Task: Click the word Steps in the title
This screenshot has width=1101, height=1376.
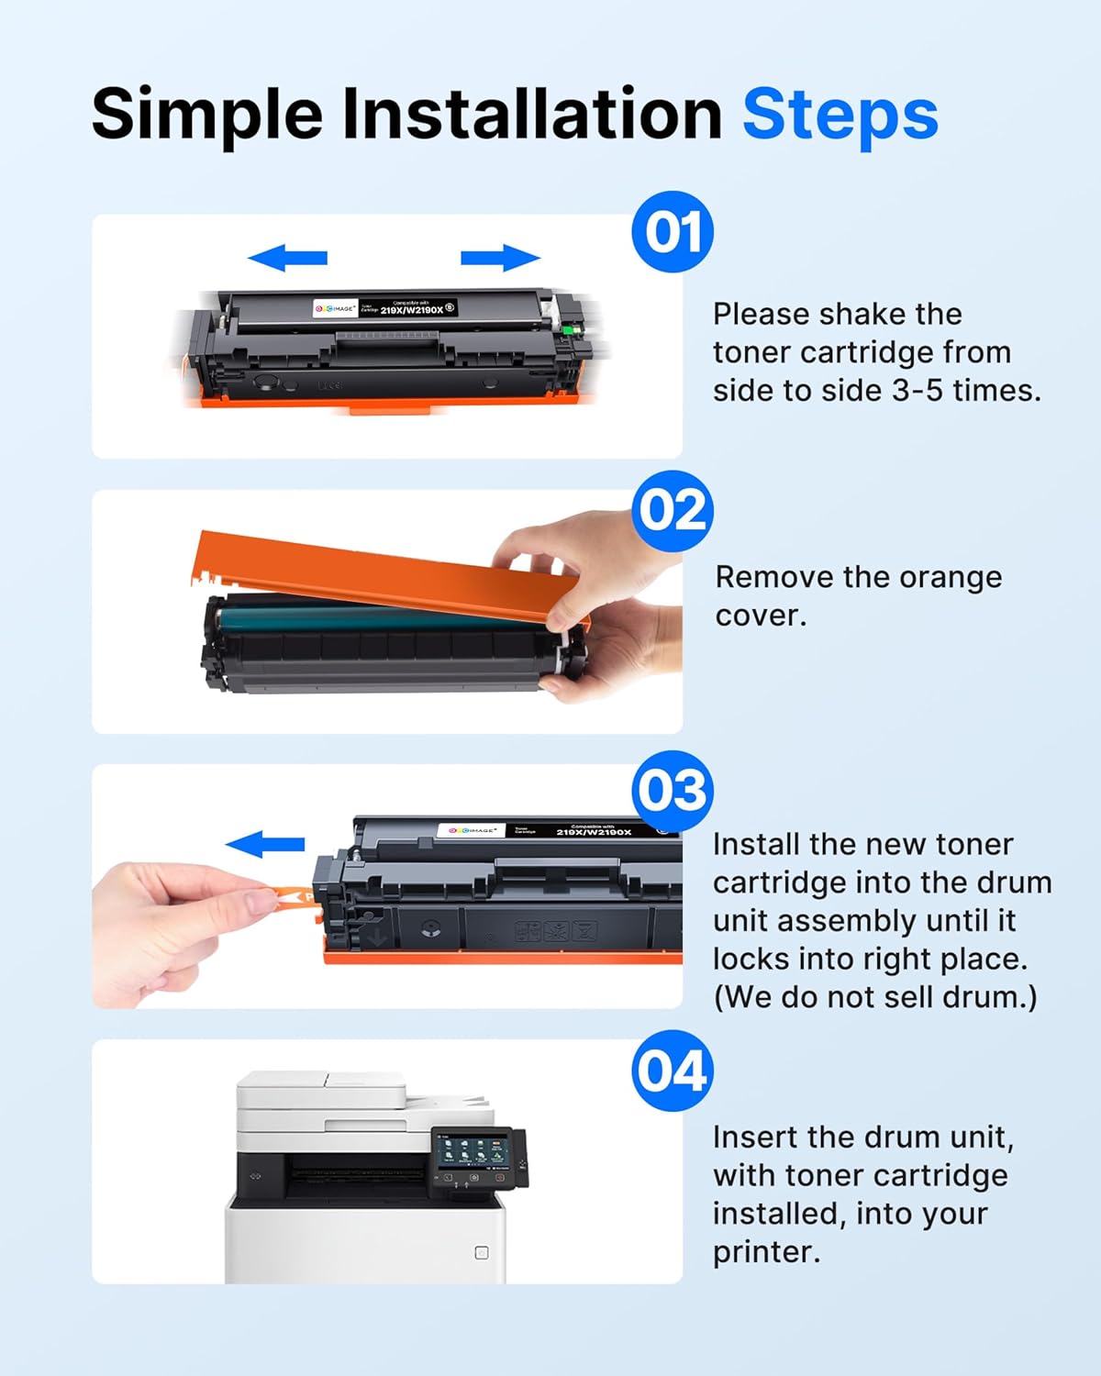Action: point(840,115)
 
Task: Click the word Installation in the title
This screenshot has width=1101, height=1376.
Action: point(532,115)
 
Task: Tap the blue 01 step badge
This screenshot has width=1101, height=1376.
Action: point(673,232)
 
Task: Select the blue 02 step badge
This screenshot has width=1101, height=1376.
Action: point(673,510)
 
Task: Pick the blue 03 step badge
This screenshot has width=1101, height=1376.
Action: point(673,790)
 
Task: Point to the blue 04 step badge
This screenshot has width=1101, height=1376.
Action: point(673,1071)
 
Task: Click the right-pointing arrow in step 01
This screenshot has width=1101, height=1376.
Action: point(500,259)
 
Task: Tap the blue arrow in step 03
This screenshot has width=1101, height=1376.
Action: point(265,844)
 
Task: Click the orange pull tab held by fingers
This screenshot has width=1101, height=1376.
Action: point(292,895)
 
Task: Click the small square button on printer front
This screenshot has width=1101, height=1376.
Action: point(482,1253)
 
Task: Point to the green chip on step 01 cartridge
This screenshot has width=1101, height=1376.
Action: point(574,328)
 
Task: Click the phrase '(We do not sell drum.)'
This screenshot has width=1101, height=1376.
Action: point(874,997)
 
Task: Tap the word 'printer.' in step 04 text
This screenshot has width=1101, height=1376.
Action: point(766,1252)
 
